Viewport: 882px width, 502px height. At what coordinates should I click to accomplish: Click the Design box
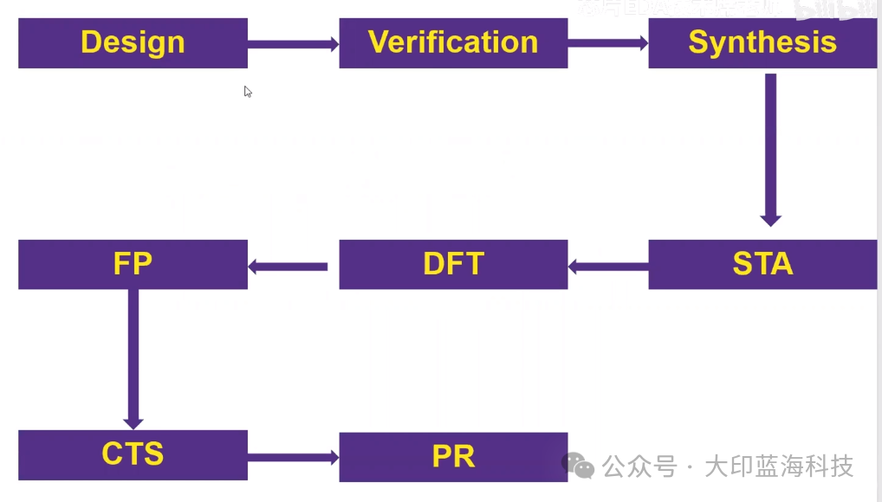(x=133, y=42)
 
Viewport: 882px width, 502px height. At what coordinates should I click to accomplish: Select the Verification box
(x=453, y=42)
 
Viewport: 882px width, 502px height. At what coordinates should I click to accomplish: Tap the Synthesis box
(x=762, y=42)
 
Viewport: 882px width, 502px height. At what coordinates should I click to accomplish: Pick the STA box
(x=762, y=264)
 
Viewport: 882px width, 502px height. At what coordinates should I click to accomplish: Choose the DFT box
(x=453, y=264)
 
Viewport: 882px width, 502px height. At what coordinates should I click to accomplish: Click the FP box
(x=133, y=264)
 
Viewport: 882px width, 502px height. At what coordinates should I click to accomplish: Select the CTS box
(x=133, y=454)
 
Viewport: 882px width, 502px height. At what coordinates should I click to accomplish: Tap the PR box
(x=453, y=456)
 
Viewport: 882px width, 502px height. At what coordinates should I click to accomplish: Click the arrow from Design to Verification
(x=293, y=44)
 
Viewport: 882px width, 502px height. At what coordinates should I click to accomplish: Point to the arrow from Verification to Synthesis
(x=608, y=42)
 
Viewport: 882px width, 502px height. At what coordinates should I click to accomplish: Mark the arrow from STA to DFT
(x=608, y=267)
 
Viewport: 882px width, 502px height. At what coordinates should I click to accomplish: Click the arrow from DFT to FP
(x=289, y=267)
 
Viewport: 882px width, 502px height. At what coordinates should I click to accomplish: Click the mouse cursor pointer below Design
(x=248, y=91)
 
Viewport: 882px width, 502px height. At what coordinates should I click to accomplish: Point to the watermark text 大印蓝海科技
(x=779, y=467)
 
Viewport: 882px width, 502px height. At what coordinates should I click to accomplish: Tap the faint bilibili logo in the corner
(x=832, y=10)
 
